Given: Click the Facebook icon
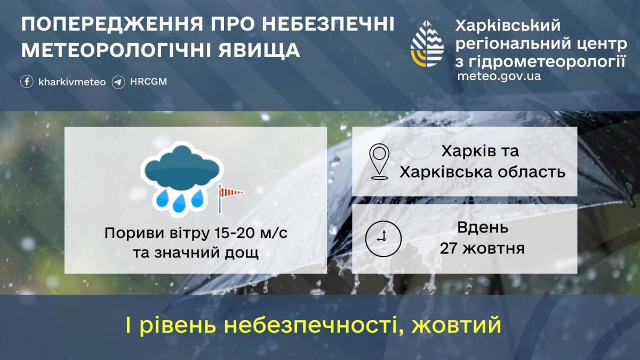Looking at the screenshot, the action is coord(27,82).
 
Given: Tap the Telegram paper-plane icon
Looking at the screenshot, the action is coord(118,82).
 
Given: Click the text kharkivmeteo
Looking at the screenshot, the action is coord(72,82).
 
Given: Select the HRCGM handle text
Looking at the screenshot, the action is coord(148,82).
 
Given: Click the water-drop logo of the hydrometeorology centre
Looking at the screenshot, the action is coord(427,43).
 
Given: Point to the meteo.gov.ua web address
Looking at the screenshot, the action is coord(499,76).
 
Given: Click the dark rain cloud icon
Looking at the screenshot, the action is coord(182,166).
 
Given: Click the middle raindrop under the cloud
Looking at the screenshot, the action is coord(179,203).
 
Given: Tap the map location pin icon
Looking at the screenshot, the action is coord(379,162).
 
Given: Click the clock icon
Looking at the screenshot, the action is coord(383,238).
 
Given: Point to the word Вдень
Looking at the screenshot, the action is coord(483,228).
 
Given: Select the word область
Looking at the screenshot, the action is coord(532,172).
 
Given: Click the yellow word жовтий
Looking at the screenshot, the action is coord(456,325).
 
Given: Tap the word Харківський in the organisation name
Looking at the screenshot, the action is coord(508,26).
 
